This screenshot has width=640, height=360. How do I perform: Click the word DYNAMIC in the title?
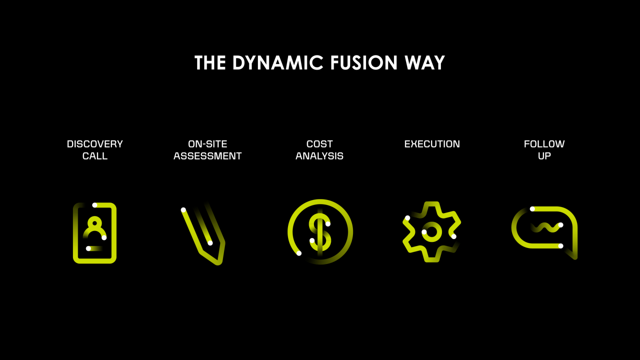[x=278, y=63]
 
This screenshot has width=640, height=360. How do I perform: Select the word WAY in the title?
[x=425, y=63]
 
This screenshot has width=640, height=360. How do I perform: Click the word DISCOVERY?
[x=95, y=144]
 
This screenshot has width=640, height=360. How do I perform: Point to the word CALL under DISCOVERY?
[x=95, y=156]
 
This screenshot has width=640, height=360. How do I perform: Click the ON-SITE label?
[x=208, y=144]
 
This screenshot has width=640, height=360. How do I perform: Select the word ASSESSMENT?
[x=208, y=156]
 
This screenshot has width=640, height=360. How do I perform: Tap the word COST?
[x=320, y=144]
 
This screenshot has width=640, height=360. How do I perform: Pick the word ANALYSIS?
[x=320, y=156]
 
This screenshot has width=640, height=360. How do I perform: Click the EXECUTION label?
[x=432, y=144]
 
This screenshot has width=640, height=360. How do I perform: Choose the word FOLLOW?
[x=544, y=144]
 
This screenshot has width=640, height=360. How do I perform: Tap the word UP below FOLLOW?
[x=544, y=156]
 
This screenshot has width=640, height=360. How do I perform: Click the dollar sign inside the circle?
[x=320, y=232]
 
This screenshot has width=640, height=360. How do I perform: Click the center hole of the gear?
[x=432, y=232]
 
